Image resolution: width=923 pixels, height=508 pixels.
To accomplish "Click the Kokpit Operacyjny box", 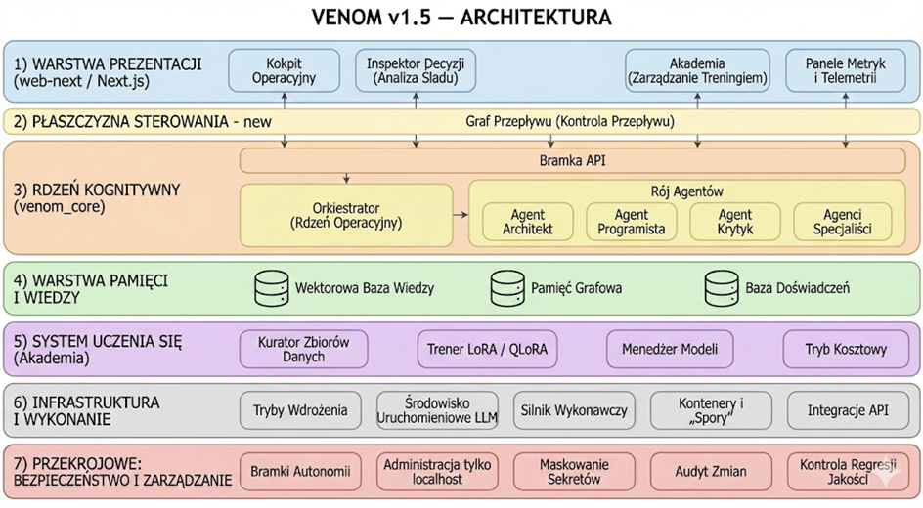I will pyautogui.click(x=284, y=71).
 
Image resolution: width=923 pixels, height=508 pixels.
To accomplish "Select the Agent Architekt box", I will pyautogui.click(x=528, y=222).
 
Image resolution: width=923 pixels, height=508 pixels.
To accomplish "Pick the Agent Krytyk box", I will pyautogui.click(x=734, y=222).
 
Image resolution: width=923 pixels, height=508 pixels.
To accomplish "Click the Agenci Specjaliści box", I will pyautogui.click(x=843, y=222).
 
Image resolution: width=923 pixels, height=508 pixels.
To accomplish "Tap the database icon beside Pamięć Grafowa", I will pyautogui.click(x=506, y=288).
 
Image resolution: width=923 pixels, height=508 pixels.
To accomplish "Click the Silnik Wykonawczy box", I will pyautogui.click(x=574, y=410).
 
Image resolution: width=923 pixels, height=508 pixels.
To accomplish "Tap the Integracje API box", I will pyautogui.click(x=848, y=410).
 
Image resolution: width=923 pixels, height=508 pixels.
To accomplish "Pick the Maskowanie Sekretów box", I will pyautogui.click(x=574, y=472).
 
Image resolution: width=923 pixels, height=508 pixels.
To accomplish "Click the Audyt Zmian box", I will pyautogui.click(x=711, y=472).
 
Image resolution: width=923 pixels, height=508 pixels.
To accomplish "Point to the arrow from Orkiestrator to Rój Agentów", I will pyautogui.click(x=459, y=213).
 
